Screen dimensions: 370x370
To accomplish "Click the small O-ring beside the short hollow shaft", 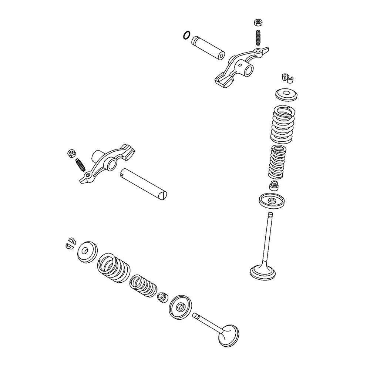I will [x=186, y=36].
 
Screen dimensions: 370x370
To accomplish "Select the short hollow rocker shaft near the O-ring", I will [x=208, y=47].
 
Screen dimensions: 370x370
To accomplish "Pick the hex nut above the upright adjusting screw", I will [x=258, y=22].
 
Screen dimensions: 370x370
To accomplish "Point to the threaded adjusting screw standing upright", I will [x=258, y=38].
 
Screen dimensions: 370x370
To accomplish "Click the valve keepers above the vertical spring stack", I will [x=287, y=77].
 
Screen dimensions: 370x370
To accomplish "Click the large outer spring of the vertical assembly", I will [x=283, y=124].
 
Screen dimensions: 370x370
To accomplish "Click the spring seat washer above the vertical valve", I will [x=272, y=201].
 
